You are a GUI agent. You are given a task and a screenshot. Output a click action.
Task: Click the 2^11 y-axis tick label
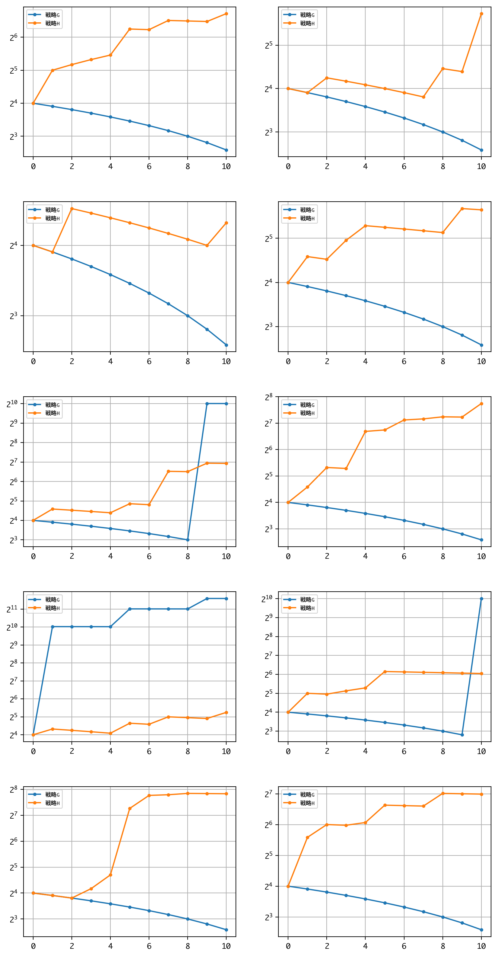point(12,609)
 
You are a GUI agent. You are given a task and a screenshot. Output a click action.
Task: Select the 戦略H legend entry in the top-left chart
point(52,23)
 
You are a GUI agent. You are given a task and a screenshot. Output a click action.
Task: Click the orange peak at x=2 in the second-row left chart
point(71,209)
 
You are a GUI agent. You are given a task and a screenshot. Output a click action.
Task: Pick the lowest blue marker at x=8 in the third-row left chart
point(187,540)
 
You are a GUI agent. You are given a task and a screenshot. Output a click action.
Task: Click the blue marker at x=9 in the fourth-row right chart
point(462,735)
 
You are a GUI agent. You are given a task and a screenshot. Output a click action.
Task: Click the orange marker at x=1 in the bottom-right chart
point(307,838)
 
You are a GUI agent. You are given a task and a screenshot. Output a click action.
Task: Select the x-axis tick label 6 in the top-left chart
point(149,167)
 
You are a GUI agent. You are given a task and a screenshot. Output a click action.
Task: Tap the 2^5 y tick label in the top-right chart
point(268,46)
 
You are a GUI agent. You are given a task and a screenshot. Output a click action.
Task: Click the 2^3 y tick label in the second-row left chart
point(13,316)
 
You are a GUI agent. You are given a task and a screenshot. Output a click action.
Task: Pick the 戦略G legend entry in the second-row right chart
point(307,210)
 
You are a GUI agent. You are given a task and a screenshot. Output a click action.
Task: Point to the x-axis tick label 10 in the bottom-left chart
point(226,946)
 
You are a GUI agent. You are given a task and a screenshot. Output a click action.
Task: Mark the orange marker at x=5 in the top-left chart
point(129,29)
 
